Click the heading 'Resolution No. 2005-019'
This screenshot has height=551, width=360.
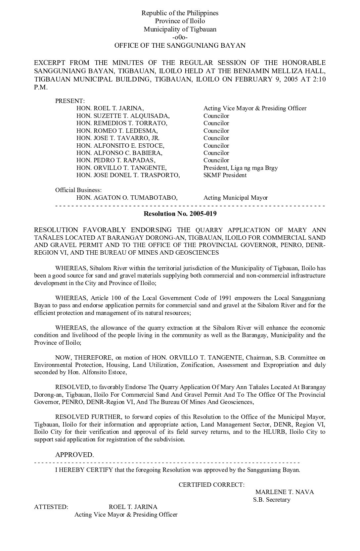click(x=180, y=214)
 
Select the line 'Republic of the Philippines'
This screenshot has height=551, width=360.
click(x=180, y=13)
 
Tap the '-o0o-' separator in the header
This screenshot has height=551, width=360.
click(x=180, y=37)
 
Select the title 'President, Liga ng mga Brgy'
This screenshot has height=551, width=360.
click(x=241, y=168)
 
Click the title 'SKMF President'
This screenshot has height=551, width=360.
click(x=225, y=175)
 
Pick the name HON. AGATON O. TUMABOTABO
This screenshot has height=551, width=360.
click(x=127, y=198)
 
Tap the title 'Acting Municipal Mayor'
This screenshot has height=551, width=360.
click(x=236, y=198)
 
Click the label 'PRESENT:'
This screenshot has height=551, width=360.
click(x=70, y=101)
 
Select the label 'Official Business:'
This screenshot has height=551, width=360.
click(x=78, y=190)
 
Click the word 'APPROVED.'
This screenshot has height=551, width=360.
click(x=74, y=455)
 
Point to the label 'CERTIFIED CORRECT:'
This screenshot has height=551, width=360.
click(x=212, y=485)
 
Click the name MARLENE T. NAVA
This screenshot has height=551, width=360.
click(x=285, y=492)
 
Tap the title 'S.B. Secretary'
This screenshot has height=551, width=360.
click(x=272, y=500)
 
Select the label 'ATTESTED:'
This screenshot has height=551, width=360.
click(x=51, y=507)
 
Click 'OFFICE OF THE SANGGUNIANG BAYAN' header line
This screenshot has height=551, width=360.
click(x=180, y=45)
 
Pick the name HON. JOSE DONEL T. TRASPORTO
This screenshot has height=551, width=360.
click(x=128, y=175)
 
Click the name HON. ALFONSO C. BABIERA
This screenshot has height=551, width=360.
click(x=119, y=153)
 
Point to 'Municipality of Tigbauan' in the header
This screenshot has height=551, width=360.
click(x=180, y=29)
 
